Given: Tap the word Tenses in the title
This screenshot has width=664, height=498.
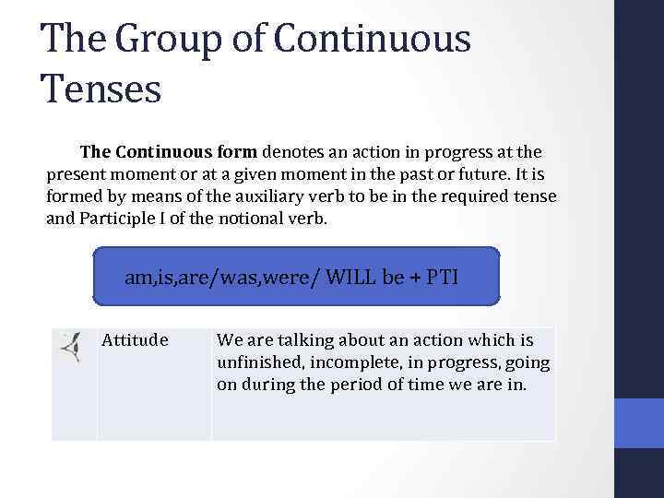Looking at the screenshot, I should pos(101,89).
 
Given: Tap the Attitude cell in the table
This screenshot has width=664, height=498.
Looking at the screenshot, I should pos(135,340).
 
